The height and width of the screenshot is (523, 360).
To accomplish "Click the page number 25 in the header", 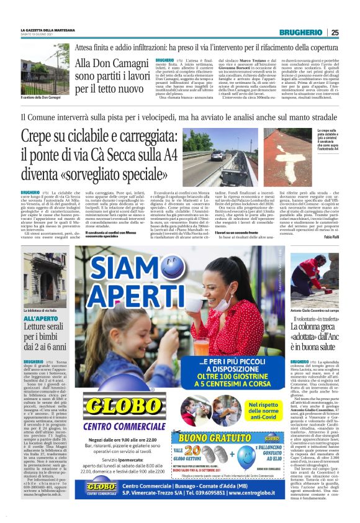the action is pyautogui.click(x=335, y=32).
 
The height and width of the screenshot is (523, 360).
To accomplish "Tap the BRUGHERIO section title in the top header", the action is pyautogui.click(x=300, y=32).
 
